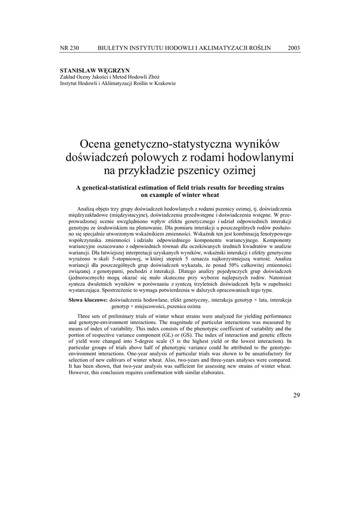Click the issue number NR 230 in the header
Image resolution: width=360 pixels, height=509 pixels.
[69, 48]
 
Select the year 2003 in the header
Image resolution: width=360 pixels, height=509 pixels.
[294, 48]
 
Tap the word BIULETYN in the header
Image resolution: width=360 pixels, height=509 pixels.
[113, 48]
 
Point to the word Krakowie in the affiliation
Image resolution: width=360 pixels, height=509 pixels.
[164, 84]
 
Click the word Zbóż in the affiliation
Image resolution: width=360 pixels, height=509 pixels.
[154, 78]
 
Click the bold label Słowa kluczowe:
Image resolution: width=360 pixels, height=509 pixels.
[88, 300]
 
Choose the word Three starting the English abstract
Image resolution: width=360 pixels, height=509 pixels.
[86, 317]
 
